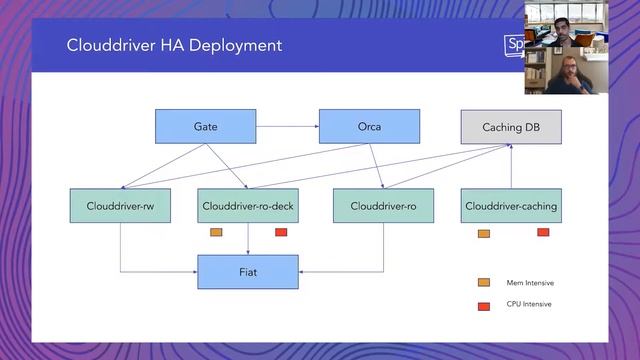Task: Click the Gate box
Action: tap(205, 127)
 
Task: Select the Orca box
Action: tap(369, 127)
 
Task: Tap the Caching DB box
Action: tap(510, 127)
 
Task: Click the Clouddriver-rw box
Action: tap(120, 206)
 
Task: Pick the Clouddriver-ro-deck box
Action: tap(248, 206)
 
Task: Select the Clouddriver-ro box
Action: tap(383, 206)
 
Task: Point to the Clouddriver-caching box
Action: tap(511, 206)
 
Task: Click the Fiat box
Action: tap(247, 271)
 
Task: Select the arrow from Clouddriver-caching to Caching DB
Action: tap(511, 167)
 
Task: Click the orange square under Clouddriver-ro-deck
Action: tap(216, 233)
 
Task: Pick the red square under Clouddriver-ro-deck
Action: tap(281, 233)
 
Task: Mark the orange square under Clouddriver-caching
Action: tap(484, 233)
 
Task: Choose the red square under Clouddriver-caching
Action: tap(543, 232)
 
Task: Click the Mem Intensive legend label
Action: tap(529, 283)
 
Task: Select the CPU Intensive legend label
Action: tap(529, 304)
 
